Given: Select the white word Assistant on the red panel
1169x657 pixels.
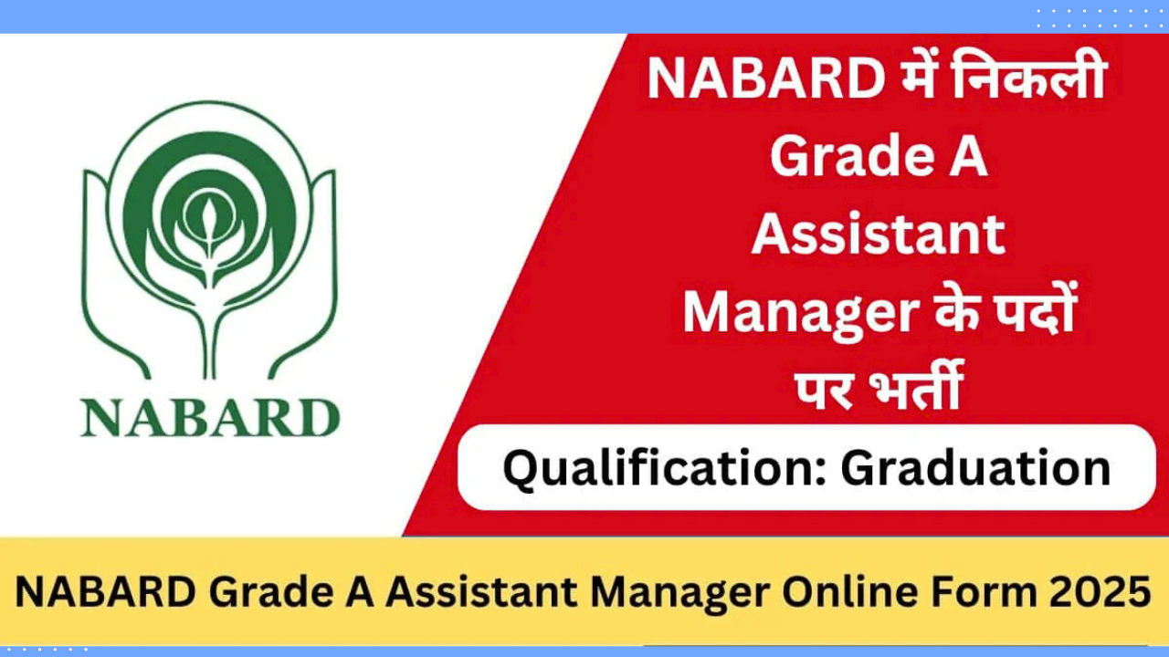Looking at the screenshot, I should (878, 235).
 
